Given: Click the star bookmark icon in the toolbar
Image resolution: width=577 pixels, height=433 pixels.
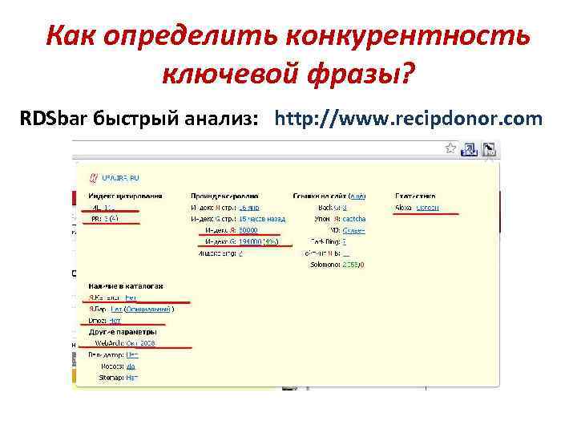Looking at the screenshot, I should (451, 148).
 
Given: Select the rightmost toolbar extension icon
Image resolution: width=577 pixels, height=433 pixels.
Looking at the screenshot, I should (489, 148).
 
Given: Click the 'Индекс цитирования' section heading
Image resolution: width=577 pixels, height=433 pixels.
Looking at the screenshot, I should (126, 195).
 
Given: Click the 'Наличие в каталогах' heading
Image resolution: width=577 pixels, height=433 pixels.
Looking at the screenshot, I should (126, 285).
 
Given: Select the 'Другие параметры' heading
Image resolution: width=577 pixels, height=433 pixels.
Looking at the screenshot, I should (122, 331).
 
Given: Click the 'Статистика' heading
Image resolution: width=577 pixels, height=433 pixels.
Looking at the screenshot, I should (416, 195).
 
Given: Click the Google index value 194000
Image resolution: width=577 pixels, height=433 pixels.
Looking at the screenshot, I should (248, 241).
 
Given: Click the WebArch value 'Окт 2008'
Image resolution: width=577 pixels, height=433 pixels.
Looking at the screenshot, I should (140, 343).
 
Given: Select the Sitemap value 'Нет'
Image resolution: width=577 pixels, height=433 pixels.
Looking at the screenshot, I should (132, 377).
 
